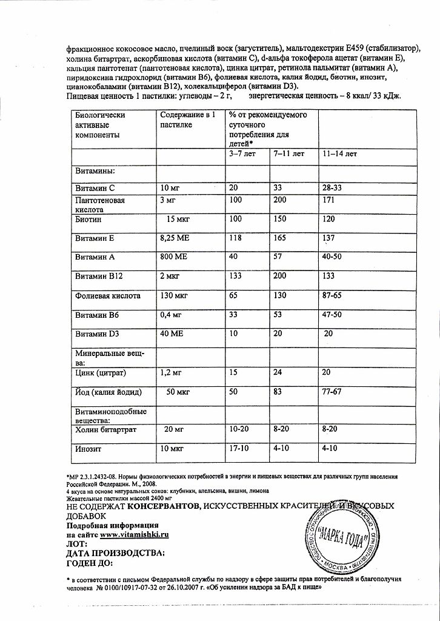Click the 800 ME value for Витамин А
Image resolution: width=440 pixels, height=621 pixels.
[174, 257]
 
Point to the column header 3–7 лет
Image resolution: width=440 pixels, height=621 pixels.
[242, 154]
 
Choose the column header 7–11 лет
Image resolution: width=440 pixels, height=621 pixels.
[288, 154]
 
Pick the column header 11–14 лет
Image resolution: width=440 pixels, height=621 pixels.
[339, 154]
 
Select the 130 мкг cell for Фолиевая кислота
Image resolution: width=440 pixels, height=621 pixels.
[176, 296]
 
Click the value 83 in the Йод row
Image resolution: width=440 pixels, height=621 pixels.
[279, 392]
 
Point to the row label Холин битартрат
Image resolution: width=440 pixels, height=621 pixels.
[105, 430]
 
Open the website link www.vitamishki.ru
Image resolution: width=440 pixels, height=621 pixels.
[134, 535]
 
